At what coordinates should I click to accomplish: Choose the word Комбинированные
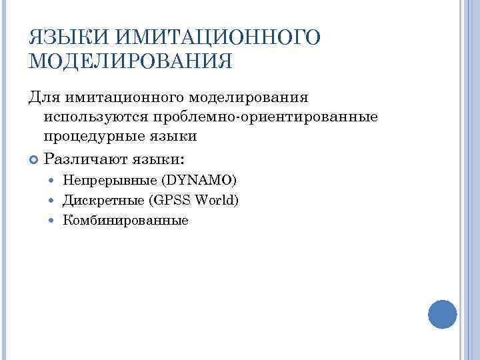click(x=125, y=220)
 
